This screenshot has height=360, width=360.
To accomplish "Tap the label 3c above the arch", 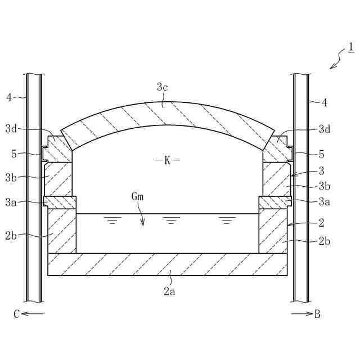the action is pyautogui.click(x=163, y=88).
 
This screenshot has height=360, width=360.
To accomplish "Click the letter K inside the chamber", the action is pyautogui.click(x=168, y=160).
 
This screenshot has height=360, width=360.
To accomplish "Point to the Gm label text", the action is pyautogui.click(x=137, y=197).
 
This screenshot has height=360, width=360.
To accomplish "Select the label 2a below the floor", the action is pyautogui.click(x=169, y=291).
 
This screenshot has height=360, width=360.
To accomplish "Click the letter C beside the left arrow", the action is pyautogui.click(x=16, y=314).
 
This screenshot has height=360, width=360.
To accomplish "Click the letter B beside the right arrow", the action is pyautogui.click(x=317, y=314).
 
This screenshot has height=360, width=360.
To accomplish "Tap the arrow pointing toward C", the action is pyautogui.click(x=33, y=314).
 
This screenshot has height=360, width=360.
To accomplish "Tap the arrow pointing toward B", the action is pyautogui.click(x=301, y=314).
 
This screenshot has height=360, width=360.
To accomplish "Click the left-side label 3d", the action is pyautogui.click(x=11, y=129).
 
